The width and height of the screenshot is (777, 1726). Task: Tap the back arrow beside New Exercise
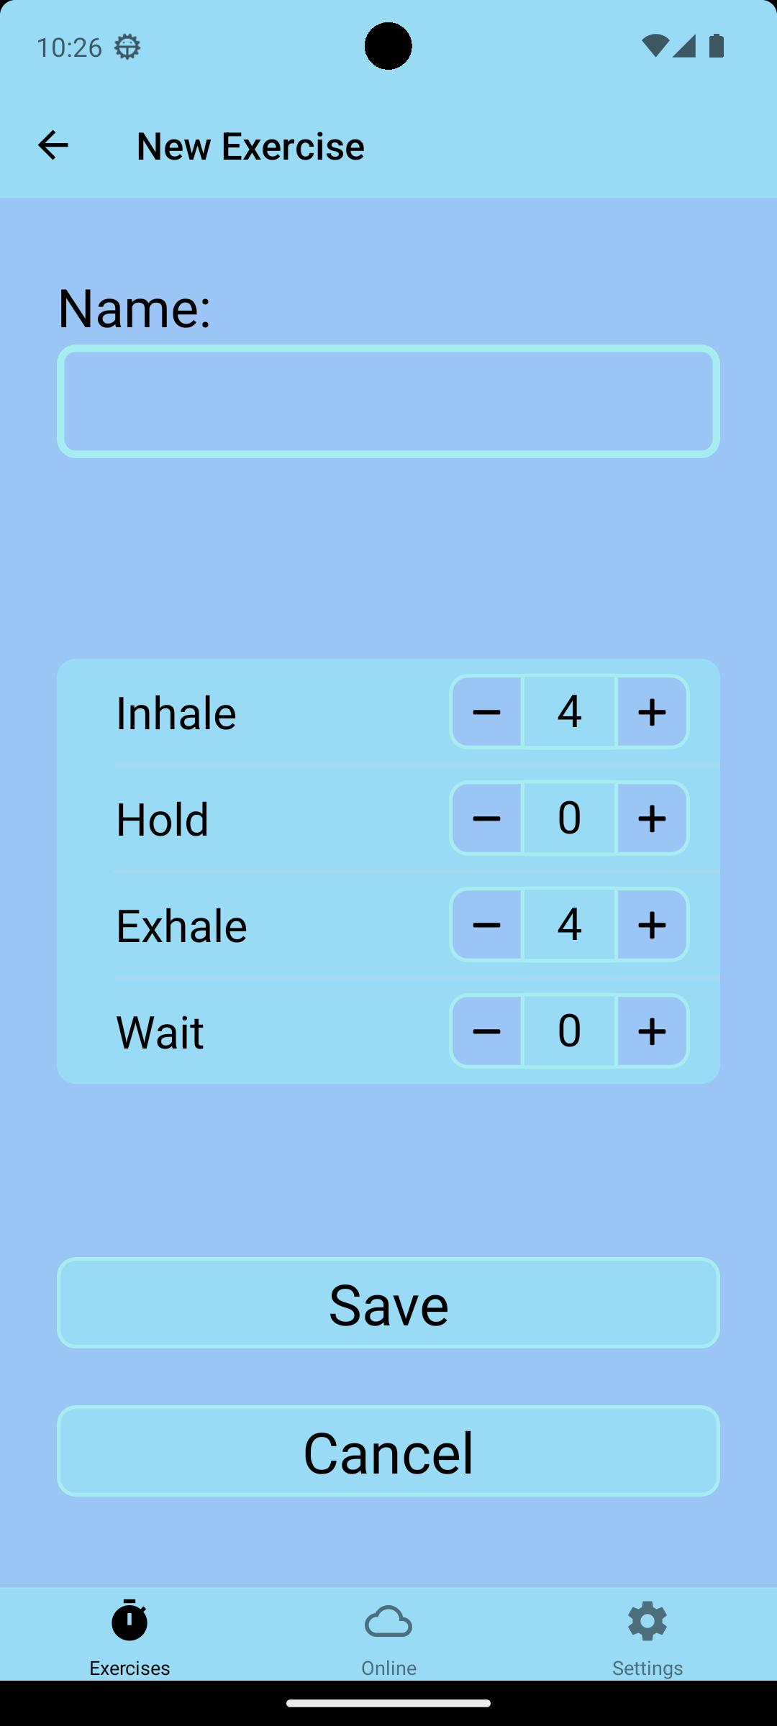53,145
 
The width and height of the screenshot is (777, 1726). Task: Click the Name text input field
388,401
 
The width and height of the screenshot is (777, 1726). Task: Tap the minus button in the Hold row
486,818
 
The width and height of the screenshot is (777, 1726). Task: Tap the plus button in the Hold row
653,818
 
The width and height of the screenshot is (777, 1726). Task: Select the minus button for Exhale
486,925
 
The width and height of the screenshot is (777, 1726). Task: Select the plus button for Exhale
653,925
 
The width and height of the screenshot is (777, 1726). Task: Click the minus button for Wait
486,1031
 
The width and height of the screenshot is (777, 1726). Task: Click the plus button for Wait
653,1031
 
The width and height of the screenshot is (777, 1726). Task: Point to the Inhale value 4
569,711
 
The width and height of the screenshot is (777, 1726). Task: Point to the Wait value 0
569,1031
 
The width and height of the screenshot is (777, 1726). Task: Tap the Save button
388,1303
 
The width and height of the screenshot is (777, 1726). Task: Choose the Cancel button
388,1451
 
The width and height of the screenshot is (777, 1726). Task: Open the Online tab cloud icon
388,1622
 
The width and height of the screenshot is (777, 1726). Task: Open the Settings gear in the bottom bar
647,1621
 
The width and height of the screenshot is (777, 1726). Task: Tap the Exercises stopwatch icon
129,1620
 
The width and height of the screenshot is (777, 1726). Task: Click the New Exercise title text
250,146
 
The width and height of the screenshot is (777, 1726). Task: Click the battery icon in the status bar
717,46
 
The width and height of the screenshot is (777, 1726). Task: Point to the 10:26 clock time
69,47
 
